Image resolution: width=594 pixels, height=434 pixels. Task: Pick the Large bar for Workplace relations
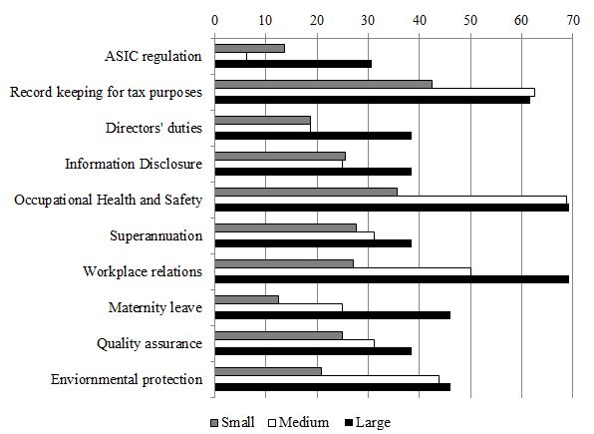(392, 279)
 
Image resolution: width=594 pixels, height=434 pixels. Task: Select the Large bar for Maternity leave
(332, 315)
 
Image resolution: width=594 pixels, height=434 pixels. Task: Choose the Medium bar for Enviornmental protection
(327, 379)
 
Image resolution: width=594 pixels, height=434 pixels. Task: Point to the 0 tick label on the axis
(215, 18)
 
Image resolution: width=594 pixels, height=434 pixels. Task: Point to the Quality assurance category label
(149, 343)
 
